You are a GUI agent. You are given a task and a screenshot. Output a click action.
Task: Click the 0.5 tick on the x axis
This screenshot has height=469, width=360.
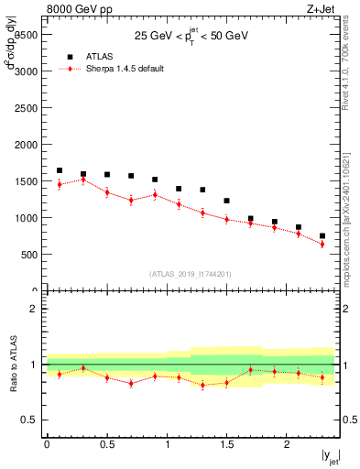(107, 444)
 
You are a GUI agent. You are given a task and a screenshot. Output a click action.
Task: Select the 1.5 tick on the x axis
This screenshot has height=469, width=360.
(227, 444)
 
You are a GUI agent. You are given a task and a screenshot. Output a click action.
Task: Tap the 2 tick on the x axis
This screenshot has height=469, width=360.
(288, 444)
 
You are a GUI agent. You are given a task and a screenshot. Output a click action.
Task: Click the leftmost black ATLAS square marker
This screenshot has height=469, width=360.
(60, 170)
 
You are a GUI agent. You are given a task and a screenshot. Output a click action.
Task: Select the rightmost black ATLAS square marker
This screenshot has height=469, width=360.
(322, 235)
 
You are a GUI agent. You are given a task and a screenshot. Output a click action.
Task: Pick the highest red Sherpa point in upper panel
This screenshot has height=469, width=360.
(83, 180)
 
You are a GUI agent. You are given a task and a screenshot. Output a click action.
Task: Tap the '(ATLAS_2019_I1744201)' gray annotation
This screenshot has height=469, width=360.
(191, 274)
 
